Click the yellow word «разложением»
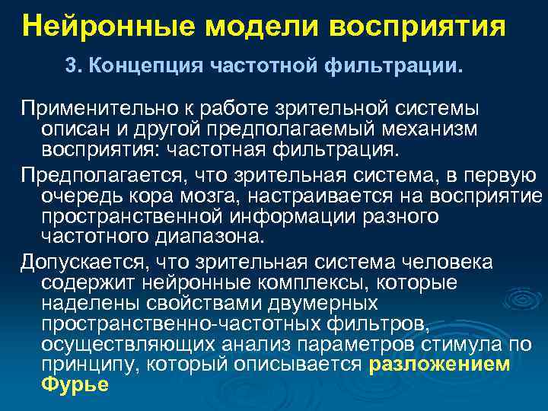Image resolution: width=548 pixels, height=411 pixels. (x=439, y=364)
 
